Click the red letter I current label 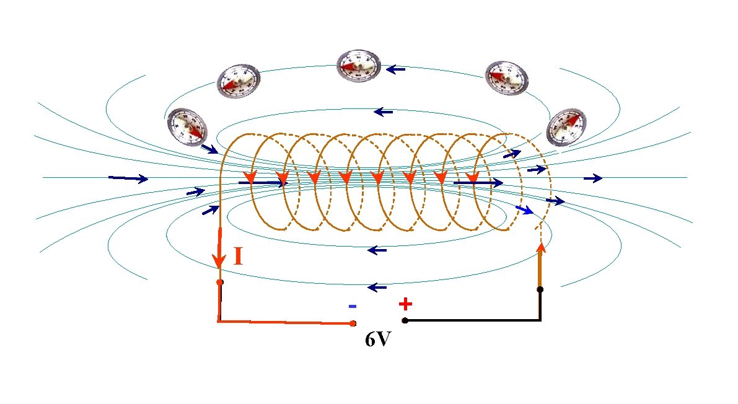click(237, 256)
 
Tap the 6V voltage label click(377, 340)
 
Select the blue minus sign click(353, 306)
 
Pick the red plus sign click(405, 304)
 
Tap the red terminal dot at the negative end click(353, 323)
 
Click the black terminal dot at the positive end click(405, 320)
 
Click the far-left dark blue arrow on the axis click(128, 178)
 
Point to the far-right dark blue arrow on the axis click(593, 178)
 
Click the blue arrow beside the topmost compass click(396, 69)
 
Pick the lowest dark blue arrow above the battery click(377, 288)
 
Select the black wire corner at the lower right click(540, 320)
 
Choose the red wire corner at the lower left click(219, 321)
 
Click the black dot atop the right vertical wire click(540, 289)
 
